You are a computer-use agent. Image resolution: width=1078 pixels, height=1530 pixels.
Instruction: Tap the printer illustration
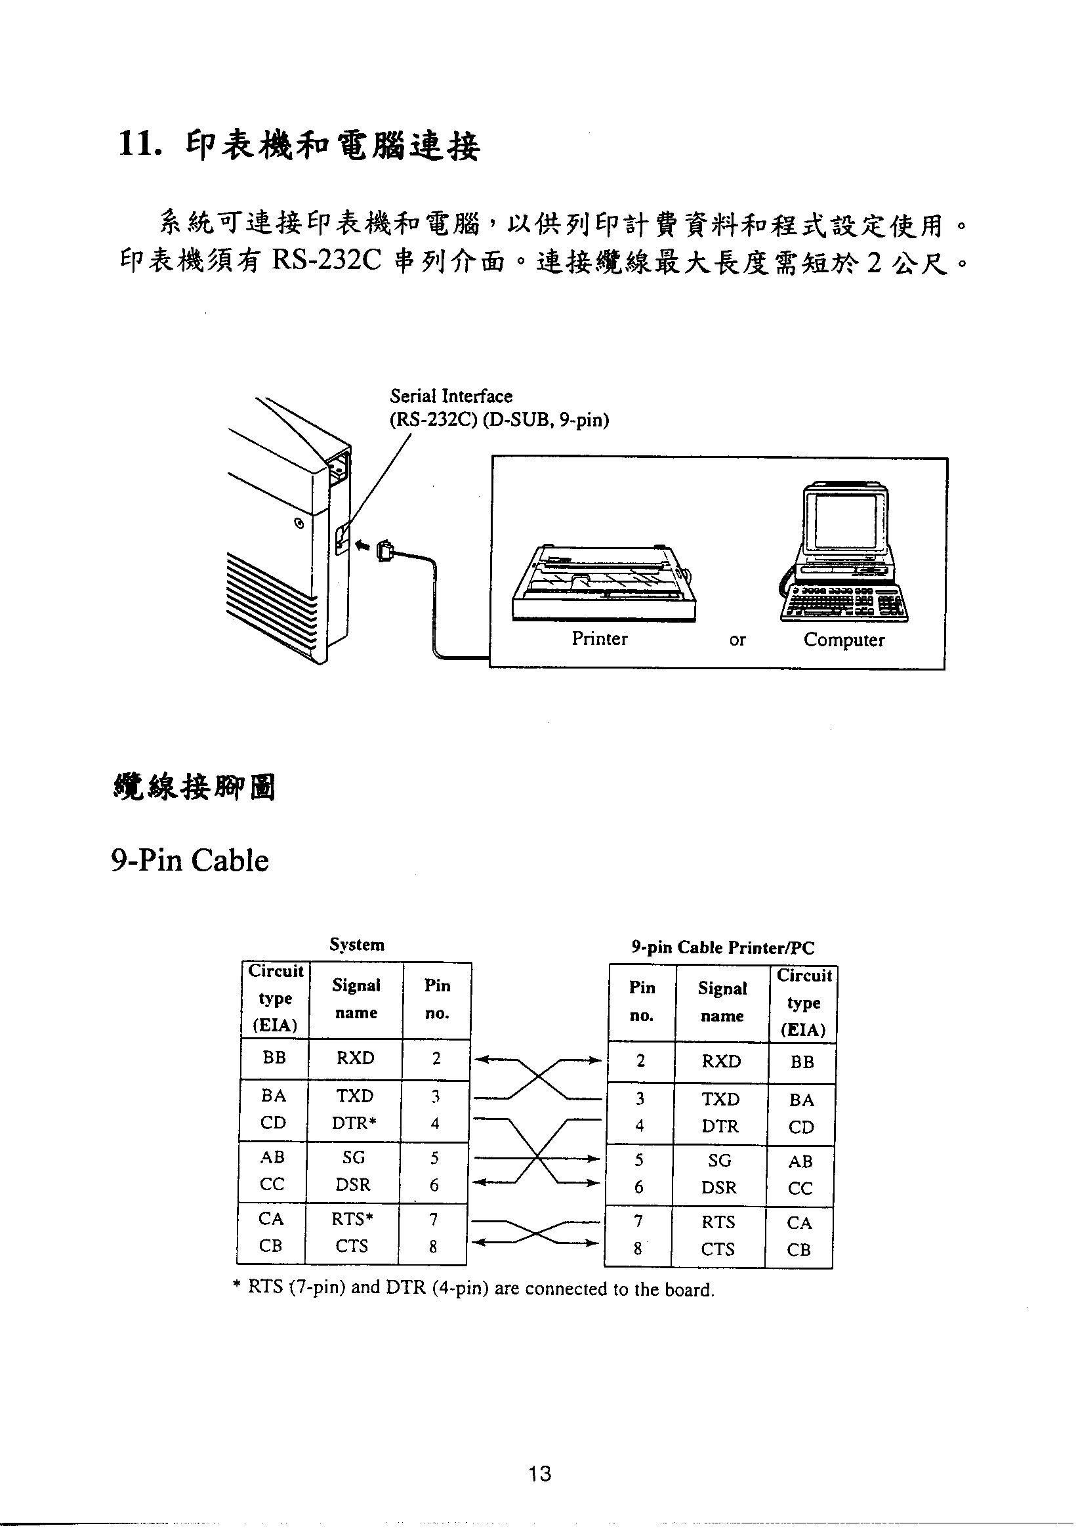pos(605,583)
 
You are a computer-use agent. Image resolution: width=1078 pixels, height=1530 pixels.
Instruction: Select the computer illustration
pos(844,552)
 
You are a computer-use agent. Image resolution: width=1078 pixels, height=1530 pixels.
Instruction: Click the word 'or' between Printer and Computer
pos(737,640)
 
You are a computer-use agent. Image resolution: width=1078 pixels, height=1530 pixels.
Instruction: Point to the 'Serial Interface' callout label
pos(451,396)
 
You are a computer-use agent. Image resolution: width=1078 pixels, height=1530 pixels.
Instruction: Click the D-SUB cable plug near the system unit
pos(385,550)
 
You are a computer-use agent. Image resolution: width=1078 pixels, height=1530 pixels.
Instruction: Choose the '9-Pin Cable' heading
pos(190,860)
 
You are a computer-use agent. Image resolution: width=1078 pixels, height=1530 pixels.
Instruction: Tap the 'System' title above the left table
pos(357,944)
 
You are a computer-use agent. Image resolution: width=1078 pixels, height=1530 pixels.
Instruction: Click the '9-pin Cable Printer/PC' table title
pos(723,947)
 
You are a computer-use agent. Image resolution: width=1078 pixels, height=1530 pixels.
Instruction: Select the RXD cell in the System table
pos(355,1058)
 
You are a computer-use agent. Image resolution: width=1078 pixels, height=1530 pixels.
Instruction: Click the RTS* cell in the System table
pos(352,1219)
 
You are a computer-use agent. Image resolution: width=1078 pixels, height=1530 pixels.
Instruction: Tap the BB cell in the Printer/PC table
pos(802,1062)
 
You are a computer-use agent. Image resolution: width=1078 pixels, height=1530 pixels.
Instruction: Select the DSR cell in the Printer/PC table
pos(720,1188)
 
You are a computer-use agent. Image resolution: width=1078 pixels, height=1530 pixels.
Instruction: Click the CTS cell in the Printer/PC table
pos(718,1249)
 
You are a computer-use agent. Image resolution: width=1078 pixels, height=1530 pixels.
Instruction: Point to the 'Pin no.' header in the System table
pos(437,999)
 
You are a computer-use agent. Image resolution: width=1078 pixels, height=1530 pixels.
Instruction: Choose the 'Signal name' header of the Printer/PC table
pos(722,1002)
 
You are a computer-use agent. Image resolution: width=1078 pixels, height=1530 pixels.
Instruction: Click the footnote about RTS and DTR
pos(473,1288)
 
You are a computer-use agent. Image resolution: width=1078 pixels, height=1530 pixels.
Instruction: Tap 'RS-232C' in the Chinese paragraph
pos(327,260)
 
